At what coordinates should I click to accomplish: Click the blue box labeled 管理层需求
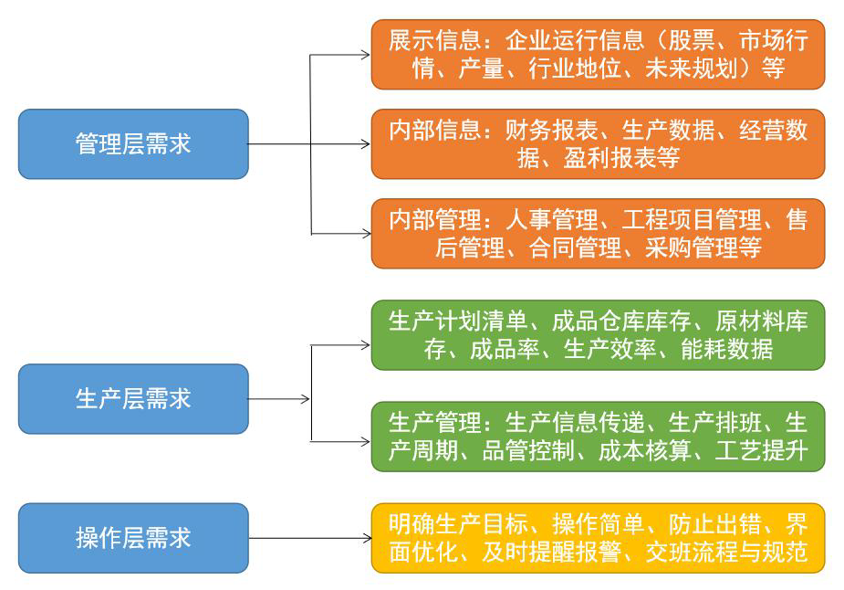(x=133, y=144)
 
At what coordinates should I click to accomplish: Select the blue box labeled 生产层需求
(x=133, y=399)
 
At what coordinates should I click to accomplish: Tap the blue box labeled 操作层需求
(x=133, y=538)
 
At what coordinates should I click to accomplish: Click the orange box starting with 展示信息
(x=598, y=55)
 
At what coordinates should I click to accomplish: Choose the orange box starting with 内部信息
(x=598, y=144)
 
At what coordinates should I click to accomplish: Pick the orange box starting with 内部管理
(x=598, y=233)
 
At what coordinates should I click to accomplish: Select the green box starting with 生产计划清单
(x=598, y=335)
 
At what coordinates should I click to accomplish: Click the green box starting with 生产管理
(x=598, y=437)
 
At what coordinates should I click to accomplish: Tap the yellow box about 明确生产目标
(x=598, y=538)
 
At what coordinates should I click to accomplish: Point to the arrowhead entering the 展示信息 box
(x=366, y=55)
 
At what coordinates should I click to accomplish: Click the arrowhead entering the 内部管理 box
(x=366, y=234)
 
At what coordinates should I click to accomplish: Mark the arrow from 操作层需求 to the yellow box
(x=309, y=538)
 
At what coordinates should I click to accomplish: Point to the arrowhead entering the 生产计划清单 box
(x=366, y=345)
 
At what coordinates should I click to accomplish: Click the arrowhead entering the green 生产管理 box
(x=366, y=442)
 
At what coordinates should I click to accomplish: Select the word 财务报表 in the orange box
(x=551, y=130)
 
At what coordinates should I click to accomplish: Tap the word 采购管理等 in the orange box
(x=703, y=248)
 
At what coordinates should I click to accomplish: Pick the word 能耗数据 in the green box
(x=726, y=349)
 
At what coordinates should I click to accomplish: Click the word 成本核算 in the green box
(x=645, y=450)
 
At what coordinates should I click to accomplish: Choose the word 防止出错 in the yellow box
(x=714, y=523)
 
